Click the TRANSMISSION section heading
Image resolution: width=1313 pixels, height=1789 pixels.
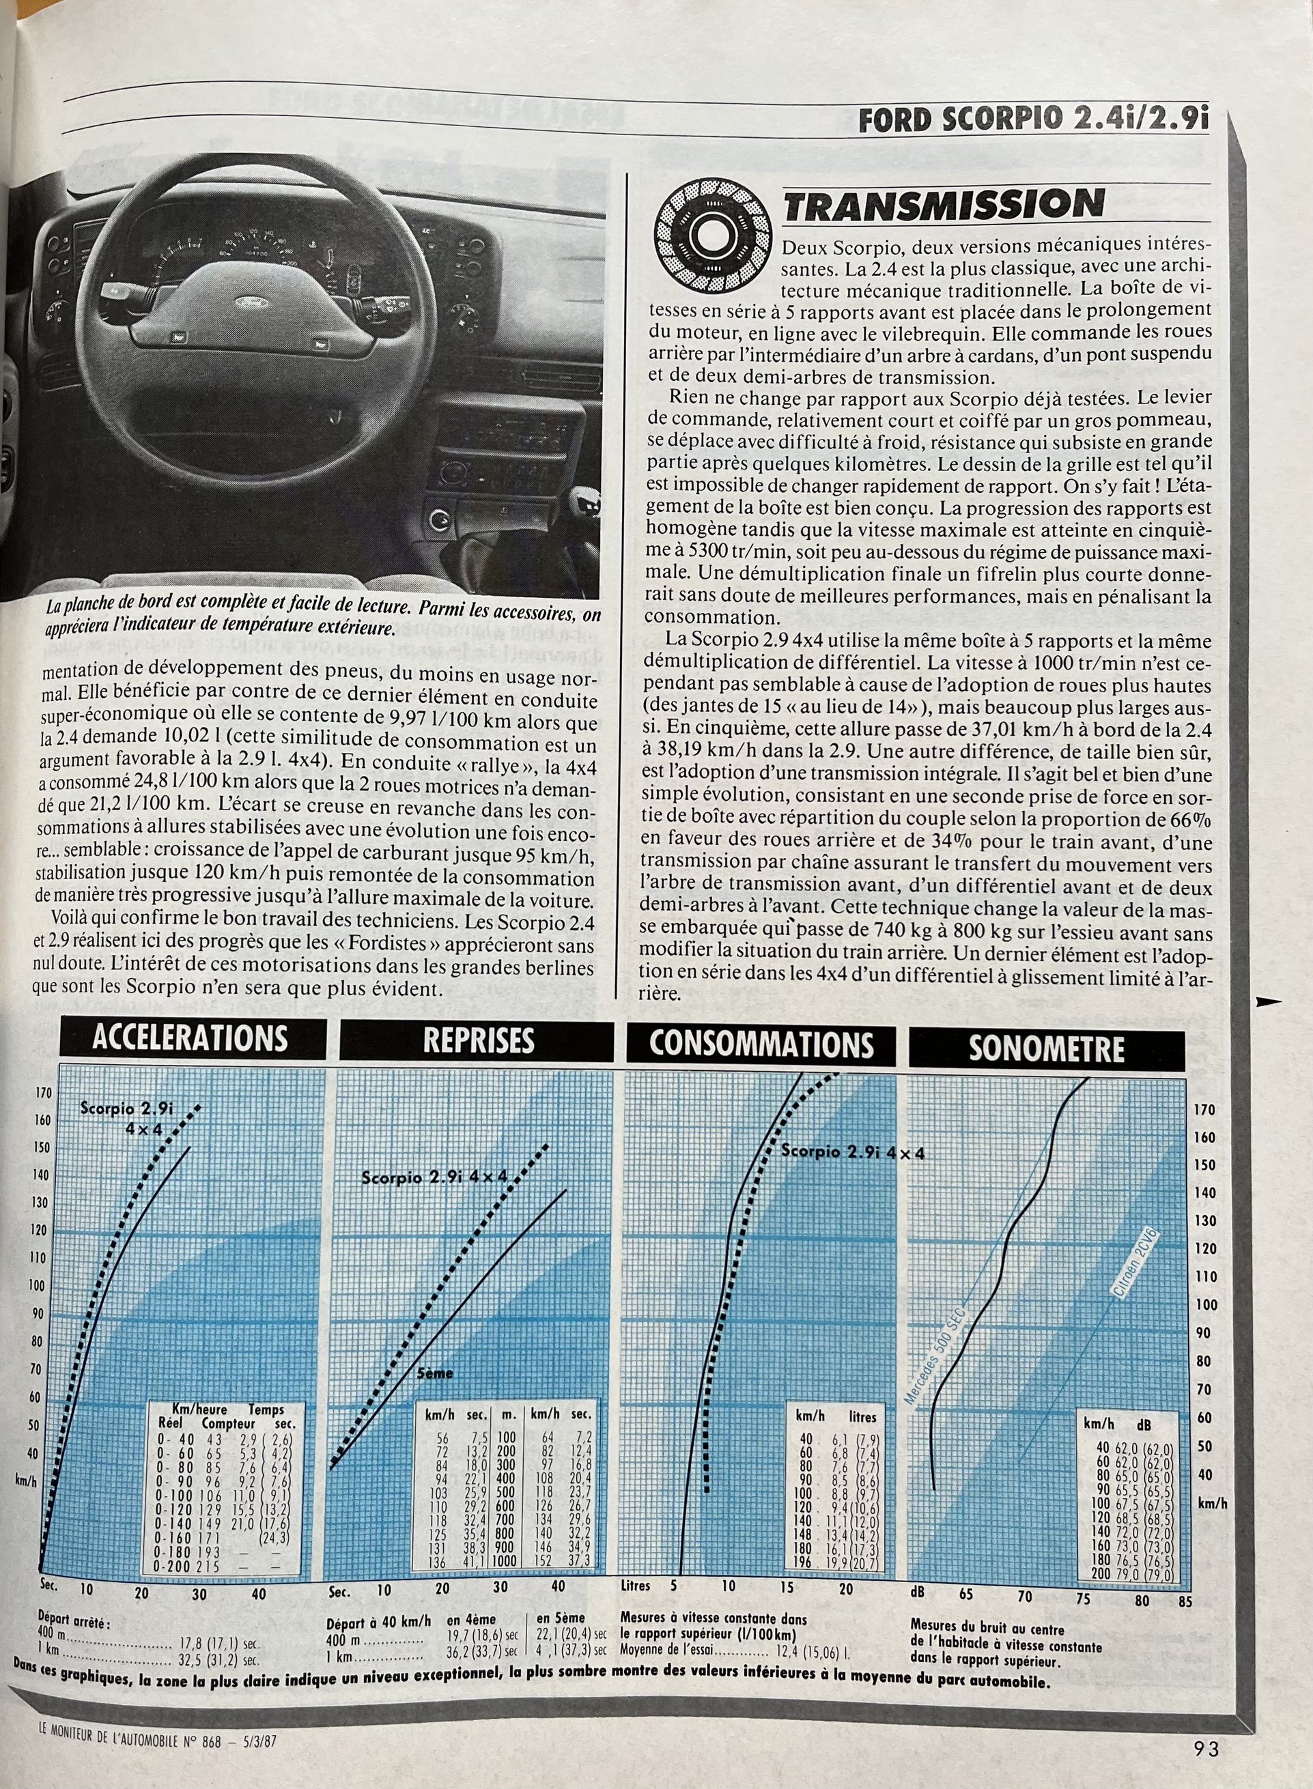coord(944,205)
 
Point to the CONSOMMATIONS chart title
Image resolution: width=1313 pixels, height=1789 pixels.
coord(761,1044)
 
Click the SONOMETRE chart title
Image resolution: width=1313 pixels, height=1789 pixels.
coord(1046,1048)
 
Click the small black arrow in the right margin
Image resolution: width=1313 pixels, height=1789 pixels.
coord(1267,1003)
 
